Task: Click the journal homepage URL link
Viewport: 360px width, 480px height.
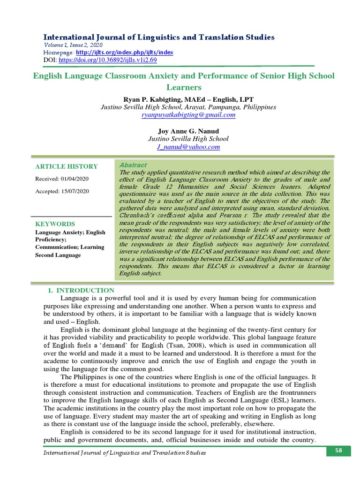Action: click(x=125, y=53)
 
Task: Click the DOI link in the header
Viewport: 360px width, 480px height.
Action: click(x=106, y=60)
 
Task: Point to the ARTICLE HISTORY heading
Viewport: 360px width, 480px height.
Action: click(x=67, y=166)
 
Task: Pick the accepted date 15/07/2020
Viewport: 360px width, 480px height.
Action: click(x=76, y=191)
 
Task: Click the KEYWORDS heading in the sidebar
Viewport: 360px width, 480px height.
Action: click(x=55, y=224)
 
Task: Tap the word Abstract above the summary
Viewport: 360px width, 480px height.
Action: click(x=133, y=165)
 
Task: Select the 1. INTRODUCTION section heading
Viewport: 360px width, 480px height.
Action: click(x=81, y=291)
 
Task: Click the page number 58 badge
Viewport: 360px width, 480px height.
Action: click(x=338, y=451)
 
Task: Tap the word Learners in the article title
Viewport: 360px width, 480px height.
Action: click(x=184, y=87)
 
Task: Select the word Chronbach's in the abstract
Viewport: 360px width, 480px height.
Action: click(x=138, y=215)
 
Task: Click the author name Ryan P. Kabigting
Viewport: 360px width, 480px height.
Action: click(x=154, y=99)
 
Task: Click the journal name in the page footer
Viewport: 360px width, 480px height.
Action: click(x=124, y=453)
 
